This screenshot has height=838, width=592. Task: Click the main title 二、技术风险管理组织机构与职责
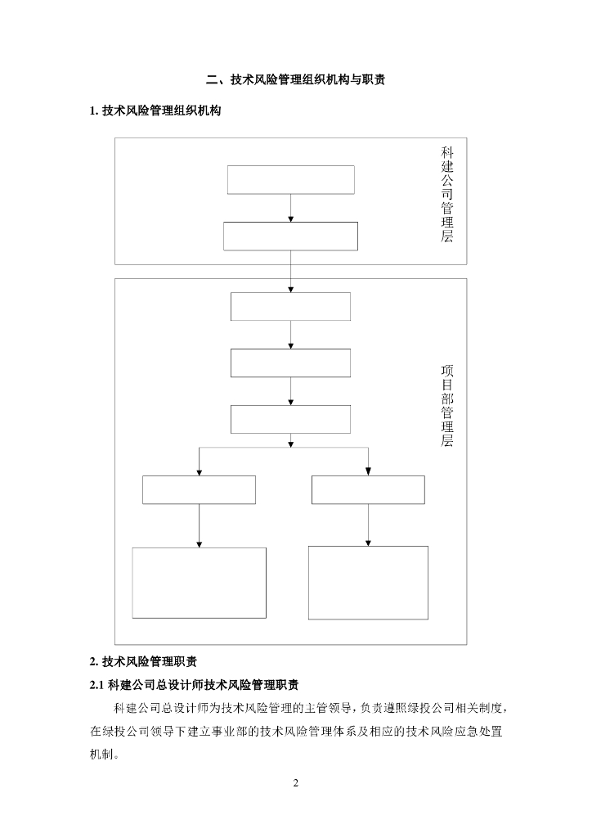(296, 80)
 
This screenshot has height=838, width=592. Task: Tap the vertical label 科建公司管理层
(447, 195)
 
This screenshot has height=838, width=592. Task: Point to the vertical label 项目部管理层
(447, 406)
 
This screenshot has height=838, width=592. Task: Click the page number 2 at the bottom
(296, 784)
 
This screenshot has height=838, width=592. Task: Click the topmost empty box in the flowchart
(290, 180)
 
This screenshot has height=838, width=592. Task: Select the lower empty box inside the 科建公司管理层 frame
(290, 236)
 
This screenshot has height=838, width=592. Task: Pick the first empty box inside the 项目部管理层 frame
(290, 306)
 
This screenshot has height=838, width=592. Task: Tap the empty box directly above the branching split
(290, 418)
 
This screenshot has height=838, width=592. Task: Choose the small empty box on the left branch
(199, 489)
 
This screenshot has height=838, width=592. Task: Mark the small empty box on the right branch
(368, 489)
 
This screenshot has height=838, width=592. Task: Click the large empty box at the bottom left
(199, 583)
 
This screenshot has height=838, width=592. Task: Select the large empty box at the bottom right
(368, 583)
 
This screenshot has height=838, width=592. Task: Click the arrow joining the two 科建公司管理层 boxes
(290, 208)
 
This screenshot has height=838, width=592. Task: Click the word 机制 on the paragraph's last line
(102, 755)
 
